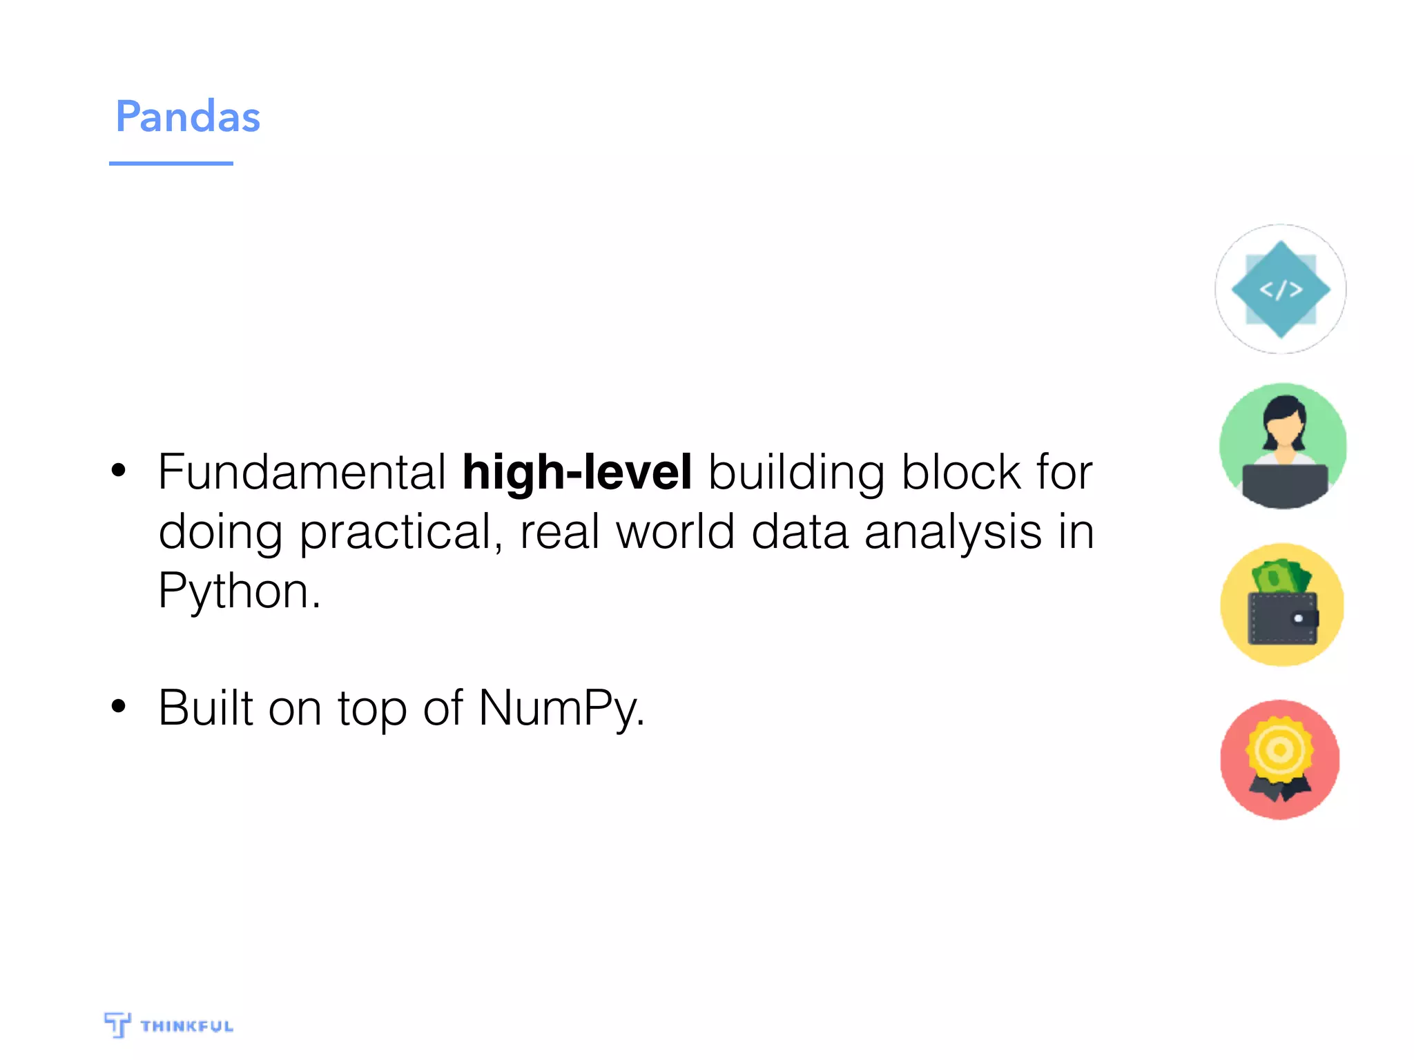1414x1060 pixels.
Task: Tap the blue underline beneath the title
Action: [x=171, y=164]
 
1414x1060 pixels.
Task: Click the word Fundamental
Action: [x=302, y=473]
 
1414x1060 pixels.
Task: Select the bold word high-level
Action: [x=577, y=473]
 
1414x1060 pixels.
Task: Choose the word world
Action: [x=675, y=532]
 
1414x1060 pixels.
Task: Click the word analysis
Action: [x=953, y=533]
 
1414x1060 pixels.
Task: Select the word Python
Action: [x=238, y=591]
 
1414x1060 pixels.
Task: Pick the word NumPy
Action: [x=561, y=709]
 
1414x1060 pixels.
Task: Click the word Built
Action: [x=206, y=708]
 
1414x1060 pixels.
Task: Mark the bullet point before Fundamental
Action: [x=119, y=471]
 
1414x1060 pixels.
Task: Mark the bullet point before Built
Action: [x=119, y=706]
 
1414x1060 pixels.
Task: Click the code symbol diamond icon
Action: [x=1281, y=290]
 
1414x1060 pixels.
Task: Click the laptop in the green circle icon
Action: [x=1284, y=484]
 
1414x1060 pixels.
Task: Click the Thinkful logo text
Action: [x=186, y=1026]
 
